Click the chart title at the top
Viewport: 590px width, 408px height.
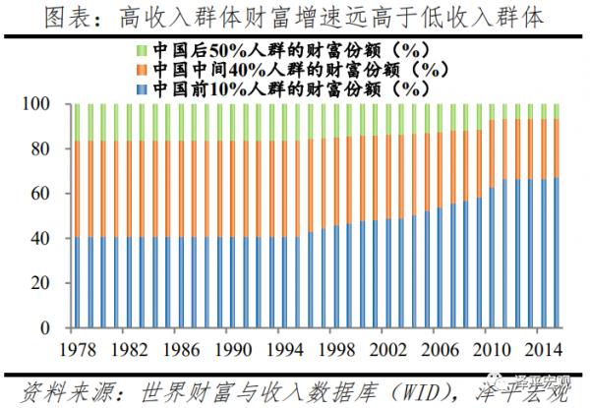click(x=295, y=17)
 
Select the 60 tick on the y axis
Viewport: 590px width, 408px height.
click(x=44, y=194)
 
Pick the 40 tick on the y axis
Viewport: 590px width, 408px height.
click(x=44, y=238)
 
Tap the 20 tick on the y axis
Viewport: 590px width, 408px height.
click(x=44, y=283)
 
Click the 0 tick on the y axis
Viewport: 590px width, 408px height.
click(x=49, y=327)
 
